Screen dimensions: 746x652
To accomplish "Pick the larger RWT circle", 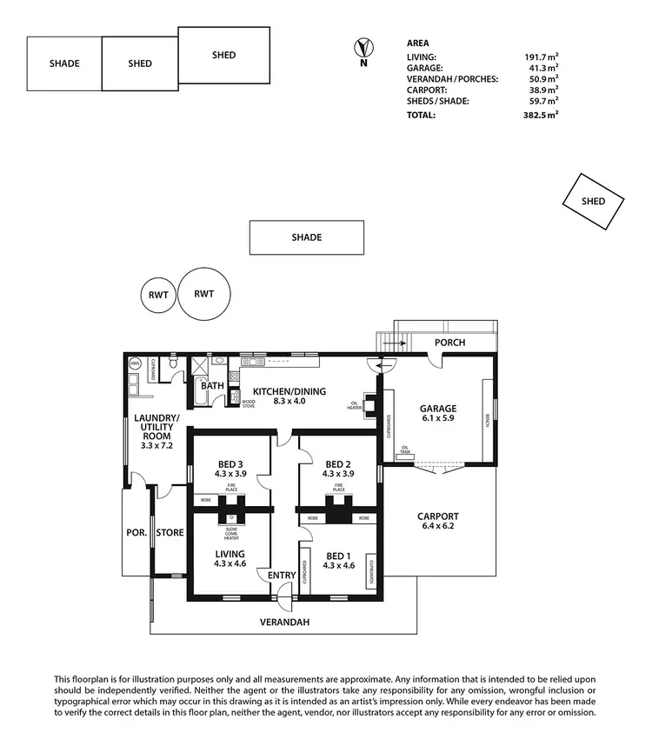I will click(x=204, y=294).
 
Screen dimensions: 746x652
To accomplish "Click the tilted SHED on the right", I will click(x=594, y=201).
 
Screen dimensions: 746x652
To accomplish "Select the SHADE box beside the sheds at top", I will click(x=64, y=63).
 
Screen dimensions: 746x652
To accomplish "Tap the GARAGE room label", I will click(x=438, y=409).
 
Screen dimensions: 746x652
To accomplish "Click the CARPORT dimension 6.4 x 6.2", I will click(x=437, y=528).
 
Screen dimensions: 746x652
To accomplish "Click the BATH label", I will click(x=213, y=385).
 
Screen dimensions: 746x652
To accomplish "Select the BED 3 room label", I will click(x=230, y=463).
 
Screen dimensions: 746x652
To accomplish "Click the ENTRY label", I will click(x=282, y=575).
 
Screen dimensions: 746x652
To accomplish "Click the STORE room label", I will click(x=170, y=532).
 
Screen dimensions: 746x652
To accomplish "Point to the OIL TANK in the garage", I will click(x=405, y=450).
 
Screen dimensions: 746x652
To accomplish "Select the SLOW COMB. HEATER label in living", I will click(x=231, y=534).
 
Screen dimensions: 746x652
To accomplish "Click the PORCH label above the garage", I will click(x=449, y=343).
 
